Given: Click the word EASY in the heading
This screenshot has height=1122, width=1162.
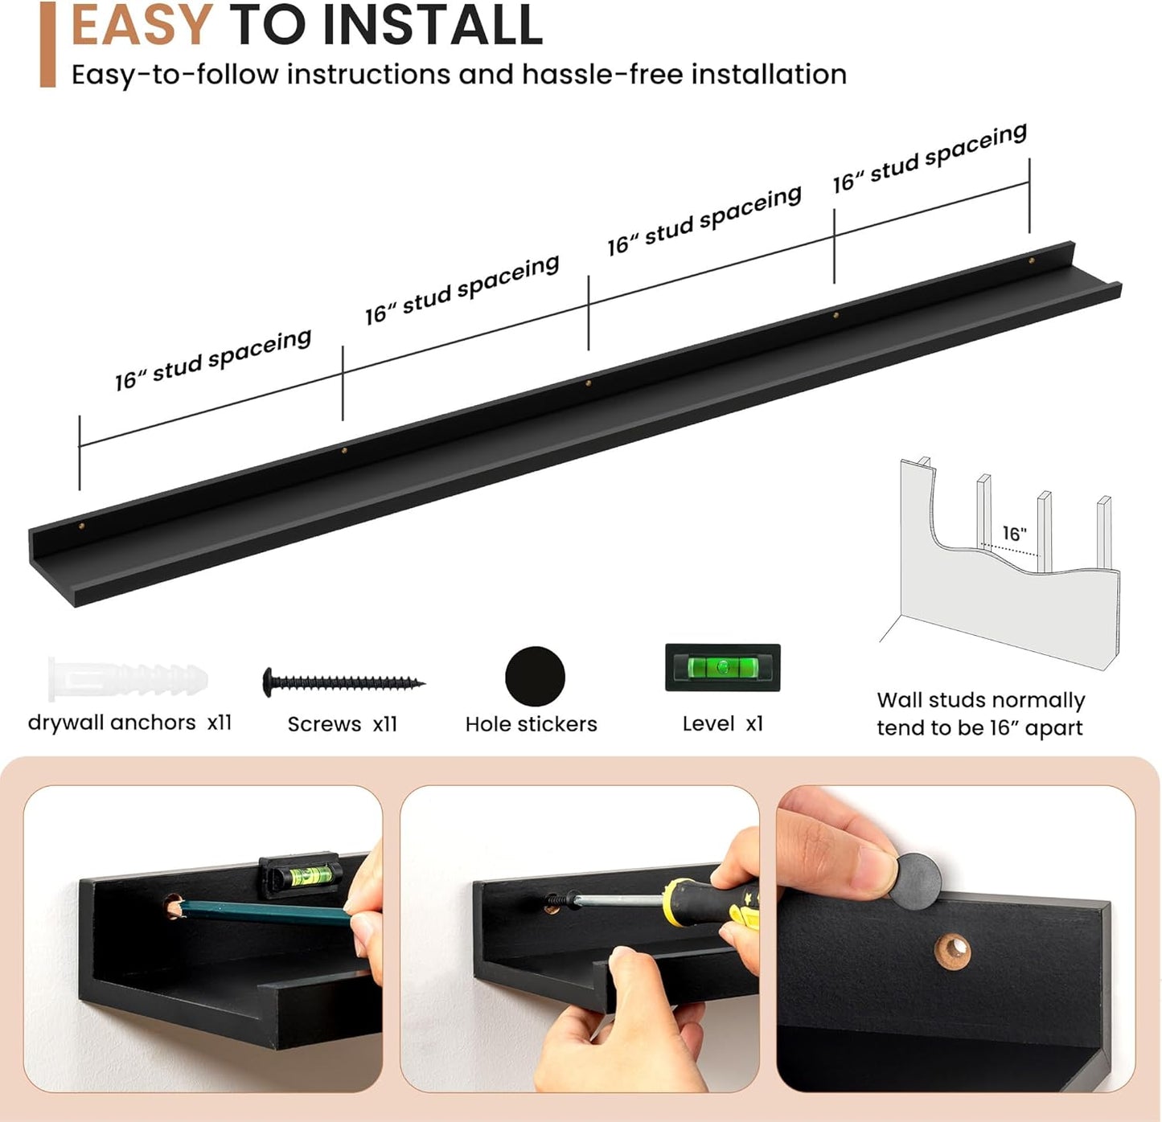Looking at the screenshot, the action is coord(142,24).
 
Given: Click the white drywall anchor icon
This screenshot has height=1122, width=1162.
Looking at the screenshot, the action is coord(128,678).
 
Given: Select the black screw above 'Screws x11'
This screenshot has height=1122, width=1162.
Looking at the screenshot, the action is coord(343,682).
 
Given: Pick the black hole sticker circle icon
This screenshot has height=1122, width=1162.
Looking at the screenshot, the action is coord(535,676).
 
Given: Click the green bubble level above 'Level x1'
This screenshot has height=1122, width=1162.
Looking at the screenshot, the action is coord(722,667).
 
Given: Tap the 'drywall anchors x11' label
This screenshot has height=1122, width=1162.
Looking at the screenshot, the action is coord(129,723).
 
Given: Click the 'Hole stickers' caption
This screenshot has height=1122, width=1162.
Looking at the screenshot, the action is coord(531,724).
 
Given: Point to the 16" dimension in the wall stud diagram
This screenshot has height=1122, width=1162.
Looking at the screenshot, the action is coord(1015,533).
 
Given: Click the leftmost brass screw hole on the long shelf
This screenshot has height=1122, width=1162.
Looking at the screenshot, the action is coord(82,526).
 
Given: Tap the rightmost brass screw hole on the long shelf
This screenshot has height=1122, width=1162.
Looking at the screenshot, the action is coord(1031,260).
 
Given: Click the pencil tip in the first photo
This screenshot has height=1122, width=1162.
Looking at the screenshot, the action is coord(173,910).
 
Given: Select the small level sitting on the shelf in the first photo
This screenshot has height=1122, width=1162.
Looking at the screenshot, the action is coord(301,875).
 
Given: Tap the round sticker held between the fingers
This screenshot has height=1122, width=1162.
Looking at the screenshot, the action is coord(915,881).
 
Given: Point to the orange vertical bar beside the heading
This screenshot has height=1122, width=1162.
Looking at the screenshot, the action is coord(47,45).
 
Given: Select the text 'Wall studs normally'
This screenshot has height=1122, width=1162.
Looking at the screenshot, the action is coord(980,700).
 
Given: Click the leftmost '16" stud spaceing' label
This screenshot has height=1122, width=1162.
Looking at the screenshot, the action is coord(213,359).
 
